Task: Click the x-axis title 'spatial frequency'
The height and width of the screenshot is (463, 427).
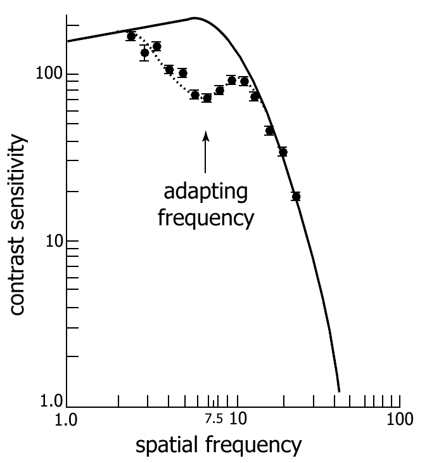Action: tap(218, 445)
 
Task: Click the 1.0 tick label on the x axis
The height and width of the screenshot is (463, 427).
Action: tap(67, 419)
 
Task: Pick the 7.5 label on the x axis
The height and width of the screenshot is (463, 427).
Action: tap(213, 418)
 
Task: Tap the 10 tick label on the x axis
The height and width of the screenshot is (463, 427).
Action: tap(238, 419)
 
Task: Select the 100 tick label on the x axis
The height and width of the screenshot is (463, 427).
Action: tap(399, 419)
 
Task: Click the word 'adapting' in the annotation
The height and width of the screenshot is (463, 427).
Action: tap(205, 192)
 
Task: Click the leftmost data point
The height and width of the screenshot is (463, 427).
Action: tap(131, 36)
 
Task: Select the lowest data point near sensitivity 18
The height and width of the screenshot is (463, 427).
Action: tap(296, 197)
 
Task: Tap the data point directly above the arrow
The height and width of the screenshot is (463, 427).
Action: tap(207, 98)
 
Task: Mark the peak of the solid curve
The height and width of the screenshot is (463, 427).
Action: tap(196, 18)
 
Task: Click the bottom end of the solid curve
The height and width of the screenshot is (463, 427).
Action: tap(340, 391)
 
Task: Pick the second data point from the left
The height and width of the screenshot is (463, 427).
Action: tap(144, 53)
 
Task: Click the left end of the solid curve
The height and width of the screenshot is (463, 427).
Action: tap(67, 41)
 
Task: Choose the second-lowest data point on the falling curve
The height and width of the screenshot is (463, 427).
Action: tap(283, 152)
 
